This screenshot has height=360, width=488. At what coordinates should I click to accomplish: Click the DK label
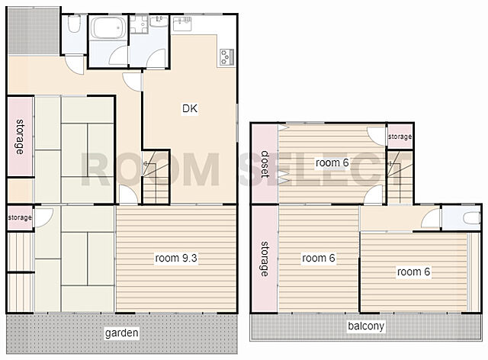[x=190, y=108]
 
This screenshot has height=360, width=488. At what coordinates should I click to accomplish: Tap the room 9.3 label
[x=176, y=258]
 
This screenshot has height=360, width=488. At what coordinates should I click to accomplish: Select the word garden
[x=122, y=333]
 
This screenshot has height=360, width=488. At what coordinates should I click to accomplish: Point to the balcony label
[x=366, y=326]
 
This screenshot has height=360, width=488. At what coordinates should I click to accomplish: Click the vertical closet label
[x=265, y=164]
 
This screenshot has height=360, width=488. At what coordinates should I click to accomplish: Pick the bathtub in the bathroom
[x=108, y=27]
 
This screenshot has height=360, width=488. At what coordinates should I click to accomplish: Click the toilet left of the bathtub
[x=74, y=24]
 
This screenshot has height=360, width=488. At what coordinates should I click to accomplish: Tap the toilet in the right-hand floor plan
[x=471, y=217]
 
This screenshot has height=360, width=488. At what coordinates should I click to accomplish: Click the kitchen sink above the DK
[x=181, y=24]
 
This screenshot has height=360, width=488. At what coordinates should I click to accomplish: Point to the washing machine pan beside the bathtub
[x=139, y=24]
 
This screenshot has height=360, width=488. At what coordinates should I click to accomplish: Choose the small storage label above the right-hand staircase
[x=400, y=137]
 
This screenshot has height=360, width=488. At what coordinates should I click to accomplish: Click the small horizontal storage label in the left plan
[x=20, y=217]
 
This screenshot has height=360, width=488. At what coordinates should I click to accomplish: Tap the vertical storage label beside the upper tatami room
[x=20, y=137]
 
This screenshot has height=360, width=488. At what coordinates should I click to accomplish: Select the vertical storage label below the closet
[x=265, y=259]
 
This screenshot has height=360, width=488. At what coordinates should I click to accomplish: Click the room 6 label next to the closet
[x=332, y=162]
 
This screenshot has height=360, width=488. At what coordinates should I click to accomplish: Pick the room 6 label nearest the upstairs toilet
[x=413, y=272]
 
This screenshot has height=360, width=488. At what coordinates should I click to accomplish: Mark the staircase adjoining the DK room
[x=156, y=177]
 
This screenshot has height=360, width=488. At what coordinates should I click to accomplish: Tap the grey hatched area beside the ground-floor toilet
[x=34, y=31]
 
